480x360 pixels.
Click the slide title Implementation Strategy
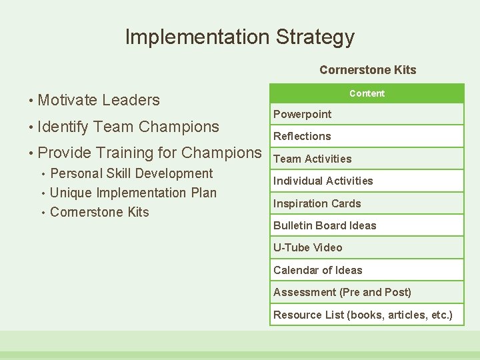pyautogui.click(x=239, y=37)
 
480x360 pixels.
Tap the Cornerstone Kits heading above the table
pyautogui.click(x=367, y=70)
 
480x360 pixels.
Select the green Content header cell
pyautogui.click(x=367, y=93)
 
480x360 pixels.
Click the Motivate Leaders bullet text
pyautogui.click(x=99, y=100)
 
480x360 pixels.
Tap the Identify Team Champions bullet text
pyautogui.click(x=128, y=126)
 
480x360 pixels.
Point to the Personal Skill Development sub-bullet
pyautogui.click(x=131, y=173)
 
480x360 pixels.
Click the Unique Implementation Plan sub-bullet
pyautogui.click(x=133, y=193)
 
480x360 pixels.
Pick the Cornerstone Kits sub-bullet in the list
pyautogui.click(x=99, y=212)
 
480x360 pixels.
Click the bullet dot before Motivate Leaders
pyautogui.click(x=31, y=101)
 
